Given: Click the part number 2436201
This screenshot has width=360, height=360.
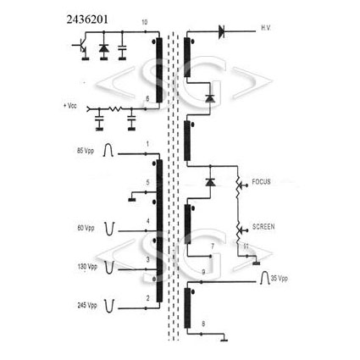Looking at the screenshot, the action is pyautogui.click(x=87, y=19).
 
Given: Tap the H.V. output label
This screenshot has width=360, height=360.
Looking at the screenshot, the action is pyautogui.click(x=266, y=28).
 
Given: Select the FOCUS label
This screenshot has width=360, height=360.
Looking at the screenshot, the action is pyautogui.click(x=261, y=181).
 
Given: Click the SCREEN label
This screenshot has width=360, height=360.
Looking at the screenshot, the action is pyautogui.click(x=263, y=226).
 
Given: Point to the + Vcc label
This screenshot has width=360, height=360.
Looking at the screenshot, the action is pyautogui.click(x=70, y=106).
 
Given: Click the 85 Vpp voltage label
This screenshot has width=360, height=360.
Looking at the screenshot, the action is pyautogui.click(x=86, y=151).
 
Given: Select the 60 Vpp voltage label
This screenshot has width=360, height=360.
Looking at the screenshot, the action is pyautogui.click(x=86, y=228).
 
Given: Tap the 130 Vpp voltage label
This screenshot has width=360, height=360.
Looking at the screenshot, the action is pyautogui.click(x=87, y=267).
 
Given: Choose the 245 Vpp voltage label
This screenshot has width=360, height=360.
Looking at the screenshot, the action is pyautogui.click(x=87, y=305).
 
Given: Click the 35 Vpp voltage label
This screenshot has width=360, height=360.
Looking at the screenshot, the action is pyautogui.click(x=280, y=278).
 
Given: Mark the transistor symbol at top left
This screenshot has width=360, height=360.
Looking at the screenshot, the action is pyautogui.click(x=80, y=46).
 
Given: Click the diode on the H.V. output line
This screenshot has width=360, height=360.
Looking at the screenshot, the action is pyautogui.click(x=221, y=31).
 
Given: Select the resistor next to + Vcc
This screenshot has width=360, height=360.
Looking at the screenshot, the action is pyautogui.click(x=115, y=108).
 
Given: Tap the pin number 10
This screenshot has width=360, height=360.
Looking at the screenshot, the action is pyautogui.click(x=144, y=22).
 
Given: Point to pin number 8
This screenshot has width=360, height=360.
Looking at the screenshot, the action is pyautogui.click(x=203, y=324).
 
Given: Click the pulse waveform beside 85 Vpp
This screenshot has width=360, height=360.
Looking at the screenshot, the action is pyautogui.click(x=108, y=150).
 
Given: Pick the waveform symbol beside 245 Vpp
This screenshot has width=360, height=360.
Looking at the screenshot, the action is pyautogui.click(x=109, y=306).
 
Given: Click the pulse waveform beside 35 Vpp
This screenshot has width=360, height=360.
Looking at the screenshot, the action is pyautogui.click(x=264, y=277).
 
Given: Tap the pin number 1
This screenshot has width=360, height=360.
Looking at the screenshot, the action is pyautogui.click(x=147, y=144).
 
